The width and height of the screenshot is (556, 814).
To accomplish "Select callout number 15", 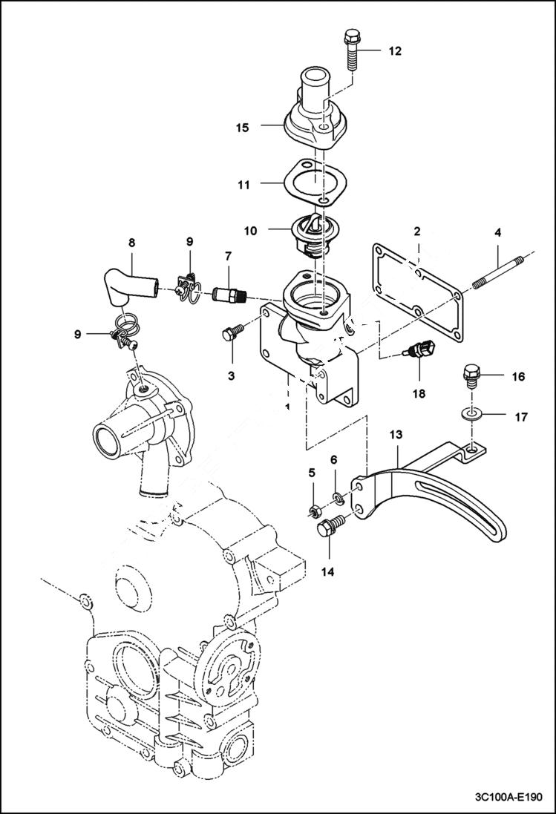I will click(242, 128).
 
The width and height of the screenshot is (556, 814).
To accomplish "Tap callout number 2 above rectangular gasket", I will click(418, 232).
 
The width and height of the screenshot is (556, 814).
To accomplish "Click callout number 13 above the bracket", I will click(396, 433).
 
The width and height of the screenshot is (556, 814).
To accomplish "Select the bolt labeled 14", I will click(327, 531).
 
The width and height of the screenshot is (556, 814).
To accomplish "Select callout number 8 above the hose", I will click(132, 241).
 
